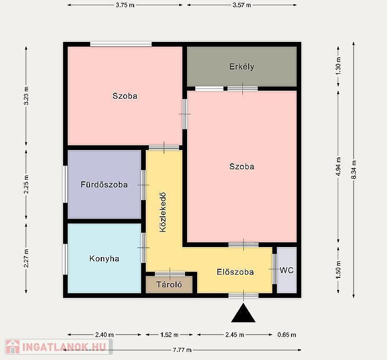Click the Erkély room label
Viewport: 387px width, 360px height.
coord(242,67)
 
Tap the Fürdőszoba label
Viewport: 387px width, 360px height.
coord(104,185)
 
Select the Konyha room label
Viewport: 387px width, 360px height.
coord(104,259)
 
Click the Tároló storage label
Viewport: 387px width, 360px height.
coord(169,284)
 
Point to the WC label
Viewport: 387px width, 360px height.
coord(287,270)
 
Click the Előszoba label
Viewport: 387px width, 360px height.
coord(235,272)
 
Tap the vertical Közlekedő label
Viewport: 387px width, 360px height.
coord(163,213)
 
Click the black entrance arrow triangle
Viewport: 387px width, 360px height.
coord(243,313)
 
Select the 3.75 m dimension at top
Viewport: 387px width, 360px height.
coord(125,5)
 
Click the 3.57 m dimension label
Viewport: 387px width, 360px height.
coord(242,5)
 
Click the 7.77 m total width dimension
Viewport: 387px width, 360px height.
coord(182,350)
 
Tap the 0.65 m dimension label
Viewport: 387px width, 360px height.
coord(287,335)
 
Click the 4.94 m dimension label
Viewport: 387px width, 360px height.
coord(338,166)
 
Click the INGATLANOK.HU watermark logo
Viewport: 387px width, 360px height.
coord(59,347)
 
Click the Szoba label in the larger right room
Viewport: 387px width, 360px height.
coord(242,166)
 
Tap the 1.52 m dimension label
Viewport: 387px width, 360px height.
coord(169,335)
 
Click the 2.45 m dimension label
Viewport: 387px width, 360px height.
coord(235,335)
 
